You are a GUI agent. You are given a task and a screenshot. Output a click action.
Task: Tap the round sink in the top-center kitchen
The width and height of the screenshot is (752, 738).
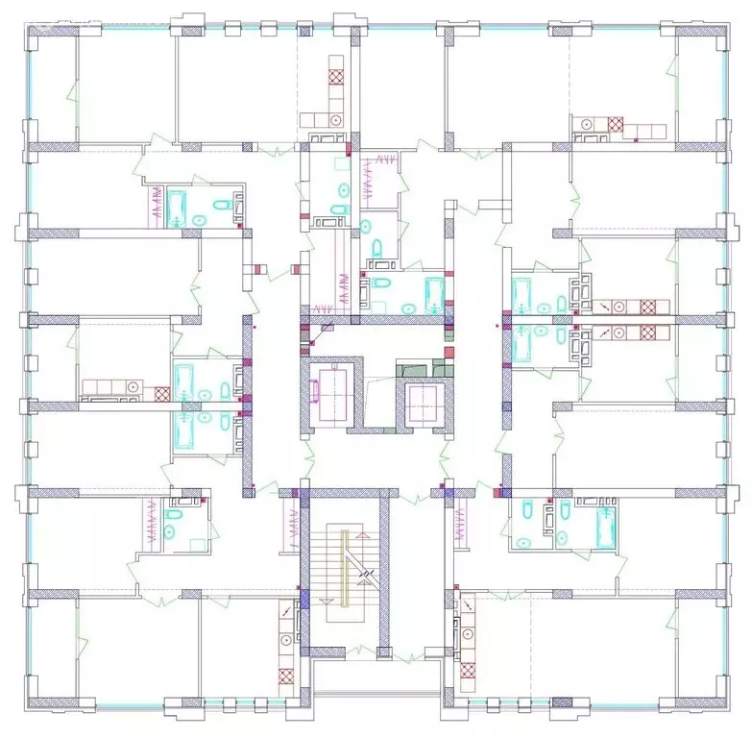pos(336,119)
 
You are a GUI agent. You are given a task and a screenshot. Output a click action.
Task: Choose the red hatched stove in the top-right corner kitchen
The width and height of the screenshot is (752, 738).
pos(616,124)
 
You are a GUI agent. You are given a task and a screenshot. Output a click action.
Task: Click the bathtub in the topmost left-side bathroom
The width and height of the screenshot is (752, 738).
pos(177,206)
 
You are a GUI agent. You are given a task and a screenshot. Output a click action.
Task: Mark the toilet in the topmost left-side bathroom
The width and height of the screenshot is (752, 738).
pos(219,204)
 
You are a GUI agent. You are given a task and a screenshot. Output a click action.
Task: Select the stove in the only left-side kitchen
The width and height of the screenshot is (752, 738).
pos(161,392)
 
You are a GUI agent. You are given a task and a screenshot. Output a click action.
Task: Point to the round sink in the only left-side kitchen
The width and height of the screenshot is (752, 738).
pos(132,386)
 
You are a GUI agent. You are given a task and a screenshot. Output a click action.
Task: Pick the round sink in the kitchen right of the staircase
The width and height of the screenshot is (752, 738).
pos(467,635)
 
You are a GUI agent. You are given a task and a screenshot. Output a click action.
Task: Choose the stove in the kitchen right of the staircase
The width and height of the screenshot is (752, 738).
pos(468,671)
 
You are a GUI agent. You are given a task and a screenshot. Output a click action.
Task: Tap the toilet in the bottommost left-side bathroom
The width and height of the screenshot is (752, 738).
pos(170,529)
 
